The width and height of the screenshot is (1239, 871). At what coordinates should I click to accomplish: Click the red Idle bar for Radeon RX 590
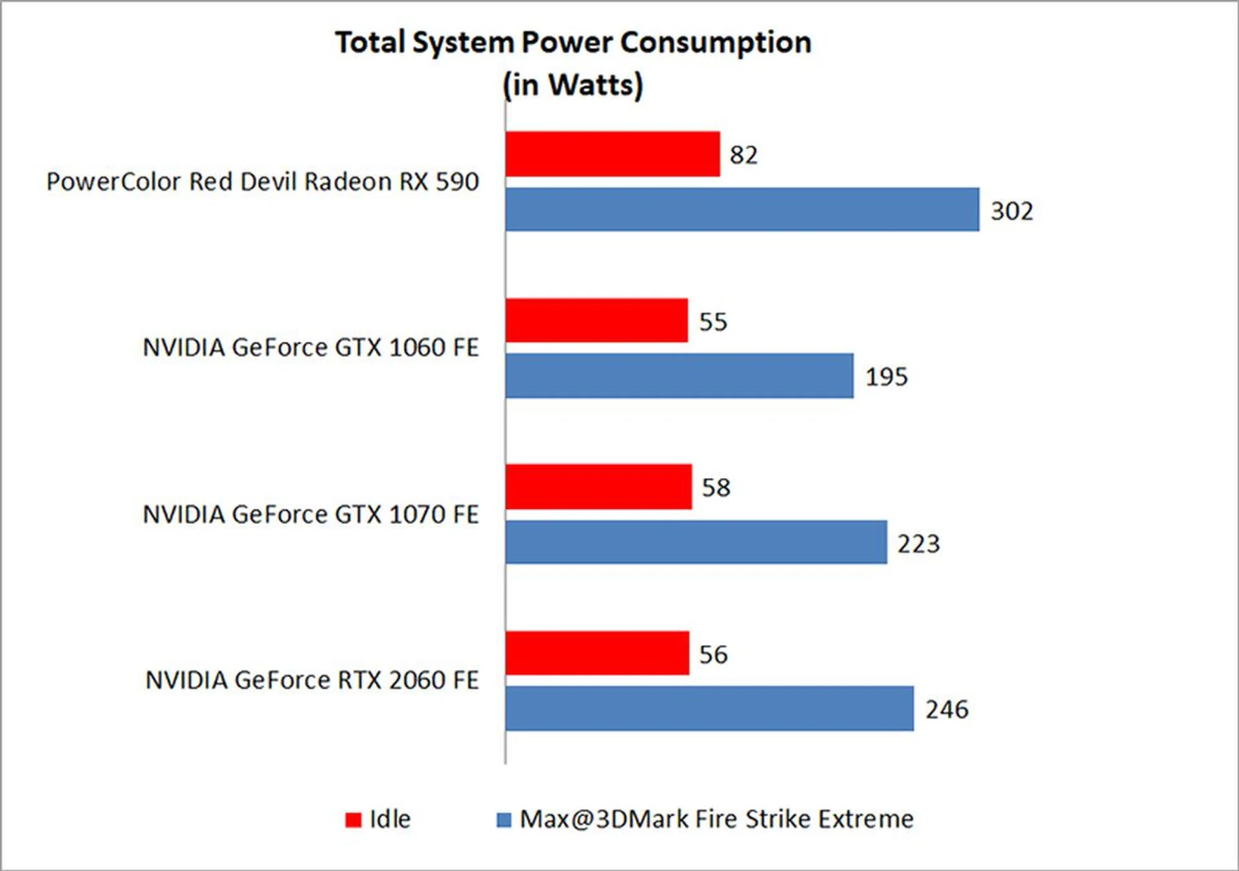[x=612, y=154]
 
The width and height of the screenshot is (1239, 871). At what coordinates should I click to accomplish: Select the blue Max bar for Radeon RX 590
[x=742, y=210]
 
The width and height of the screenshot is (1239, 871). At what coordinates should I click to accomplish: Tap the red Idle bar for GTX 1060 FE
[x=596, y=321]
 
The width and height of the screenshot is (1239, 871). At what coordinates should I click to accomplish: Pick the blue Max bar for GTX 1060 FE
[x=680, y=375]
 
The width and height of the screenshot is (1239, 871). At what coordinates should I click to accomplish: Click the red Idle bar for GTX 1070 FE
[x=598, y=487]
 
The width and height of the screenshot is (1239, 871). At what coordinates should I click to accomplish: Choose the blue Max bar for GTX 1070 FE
[x=696, y=543]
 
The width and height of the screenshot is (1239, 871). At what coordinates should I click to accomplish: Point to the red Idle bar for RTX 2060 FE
[x=597, y=654]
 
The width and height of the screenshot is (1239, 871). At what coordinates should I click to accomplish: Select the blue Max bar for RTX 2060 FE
[x=710, y=708]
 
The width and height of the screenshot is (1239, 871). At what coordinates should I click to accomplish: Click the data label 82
[x=743, y=155]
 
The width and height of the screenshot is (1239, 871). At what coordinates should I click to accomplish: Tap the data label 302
[x=1012, y=212]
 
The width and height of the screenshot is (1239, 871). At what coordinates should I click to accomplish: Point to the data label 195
[x=886, y=377]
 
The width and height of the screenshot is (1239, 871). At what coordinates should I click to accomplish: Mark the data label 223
[x=918, y=545]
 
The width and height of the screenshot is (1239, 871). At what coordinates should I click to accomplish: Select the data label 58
[x=716, y=488]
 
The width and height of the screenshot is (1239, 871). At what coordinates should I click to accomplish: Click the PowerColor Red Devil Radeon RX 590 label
[x=263, y=182]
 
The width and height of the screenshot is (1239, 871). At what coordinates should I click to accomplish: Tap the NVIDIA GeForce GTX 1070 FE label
[x=310, y=515]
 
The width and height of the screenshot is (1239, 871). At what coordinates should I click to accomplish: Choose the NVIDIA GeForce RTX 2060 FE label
[x=312, y=681]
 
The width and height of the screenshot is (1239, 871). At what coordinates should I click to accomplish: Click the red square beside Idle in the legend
[x=353, y=820]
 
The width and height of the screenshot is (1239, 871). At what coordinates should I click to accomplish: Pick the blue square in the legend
[x=503, y=820]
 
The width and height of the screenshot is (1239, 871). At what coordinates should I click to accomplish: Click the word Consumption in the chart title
[x=716, y=43]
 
